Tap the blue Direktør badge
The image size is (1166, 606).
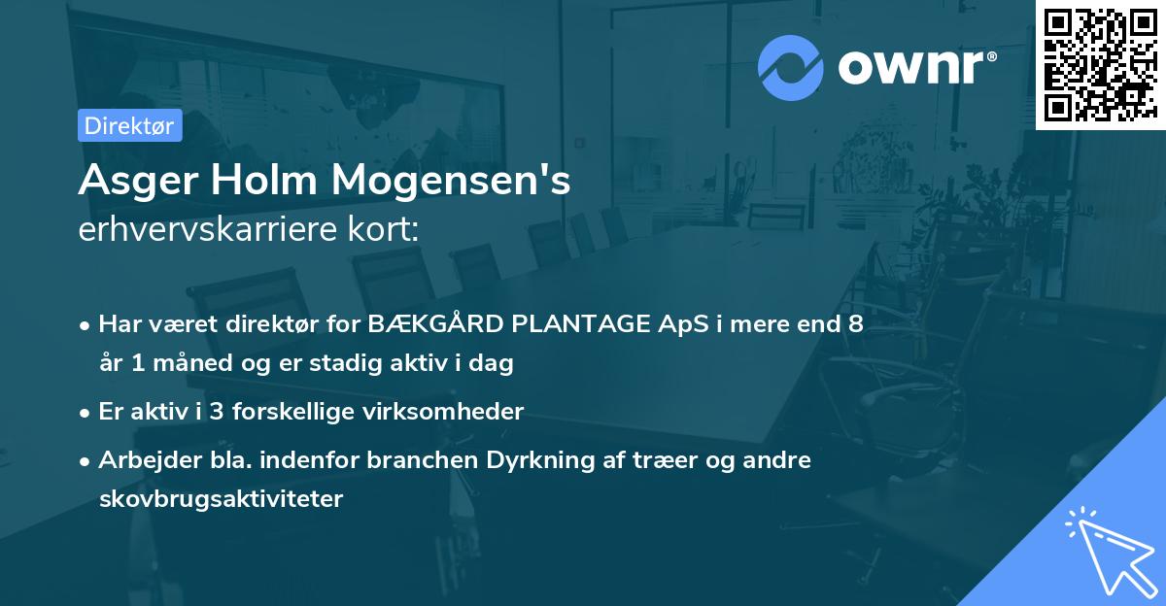point(129,125)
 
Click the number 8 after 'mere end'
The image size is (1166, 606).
point(855,324)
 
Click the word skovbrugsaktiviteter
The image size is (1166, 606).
point(221,499)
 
